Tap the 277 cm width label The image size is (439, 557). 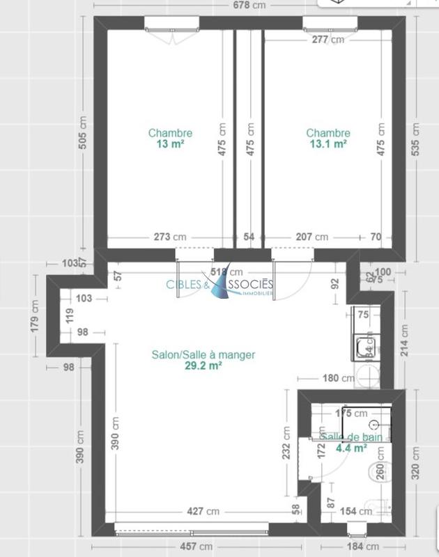point(328,40)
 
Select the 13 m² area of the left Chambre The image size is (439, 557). point(170,144)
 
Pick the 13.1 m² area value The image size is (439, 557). point(328,144)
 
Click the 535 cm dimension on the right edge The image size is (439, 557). point(416,139)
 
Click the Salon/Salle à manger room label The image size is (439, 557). point(203,354)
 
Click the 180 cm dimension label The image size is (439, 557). point(337,379)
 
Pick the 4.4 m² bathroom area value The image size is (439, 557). point(352,448)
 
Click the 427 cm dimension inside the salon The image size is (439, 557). point(203,511)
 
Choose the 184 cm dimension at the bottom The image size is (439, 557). point(362,547)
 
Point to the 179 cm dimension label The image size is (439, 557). point(35,317)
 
